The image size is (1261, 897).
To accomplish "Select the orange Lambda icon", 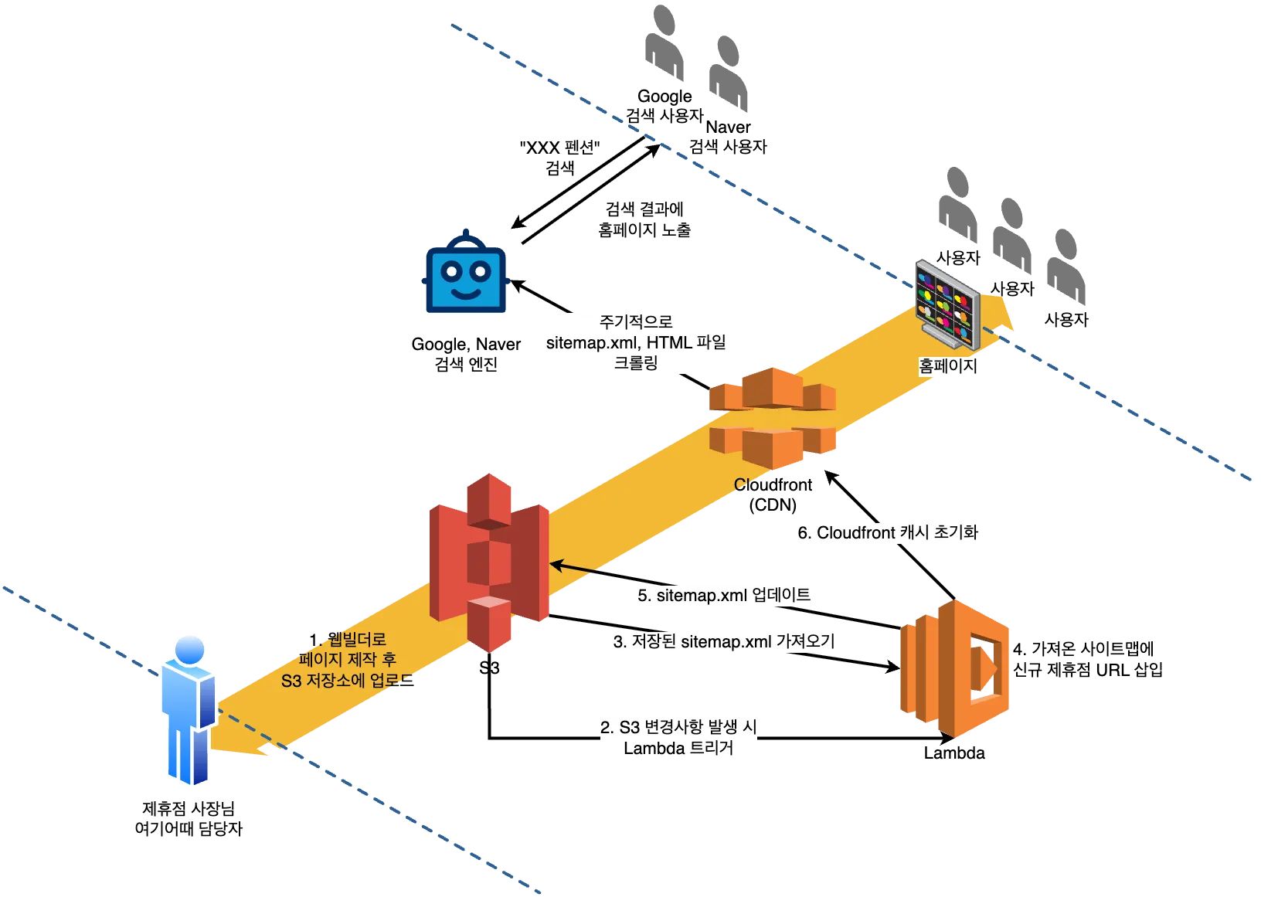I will pyautogui.click(x=955, y=669).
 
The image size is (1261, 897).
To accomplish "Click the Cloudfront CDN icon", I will pyautogui.click(x=773, y=419).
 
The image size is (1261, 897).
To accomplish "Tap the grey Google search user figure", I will pyautogui.click(x=664, y=43).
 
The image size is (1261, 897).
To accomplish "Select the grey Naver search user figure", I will pyautogui.click(x=728, y=74).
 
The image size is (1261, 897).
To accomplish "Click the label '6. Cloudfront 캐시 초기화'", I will pyautogui.click(x=888, y=532).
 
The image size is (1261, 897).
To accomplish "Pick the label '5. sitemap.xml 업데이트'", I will pyautogui.click(x=724, y=595).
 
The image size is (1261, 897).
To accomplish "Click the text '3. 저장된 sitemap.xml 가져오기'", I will pyautogui.click(x=724, y=641).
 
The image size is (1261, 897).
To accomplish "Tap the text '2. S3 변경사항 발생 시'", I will pyautogui.click(x=678, y=727).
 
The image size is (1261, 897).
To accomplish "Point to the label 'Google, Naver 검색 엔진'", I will pyautogui.click(x=466, y=354).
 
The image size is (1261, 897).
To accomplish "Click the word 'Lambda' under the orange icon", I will pyautogui.click(x=954, y=753).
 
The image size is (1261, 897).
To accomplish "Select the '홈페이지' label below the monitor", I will pyautogui.click(x=947, y=365).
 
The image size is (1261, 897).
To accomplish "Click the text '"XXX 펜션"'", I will pyautogui.click(x=559, y=148).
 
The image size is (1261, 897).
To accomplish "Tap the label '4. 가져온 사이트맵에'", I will pyautogui.click(x=1083, y=649).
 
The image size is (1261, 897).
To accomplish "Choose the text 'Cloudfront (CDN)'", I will pyautogui.click(x=773, y=494).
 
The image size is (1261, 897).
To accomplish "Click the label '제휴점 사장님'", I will pyautogui.click(x=189, y=808).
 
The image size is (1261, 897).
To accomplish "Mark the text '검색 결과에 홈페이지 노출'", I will pyautogui.click(x=644, y=219).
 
